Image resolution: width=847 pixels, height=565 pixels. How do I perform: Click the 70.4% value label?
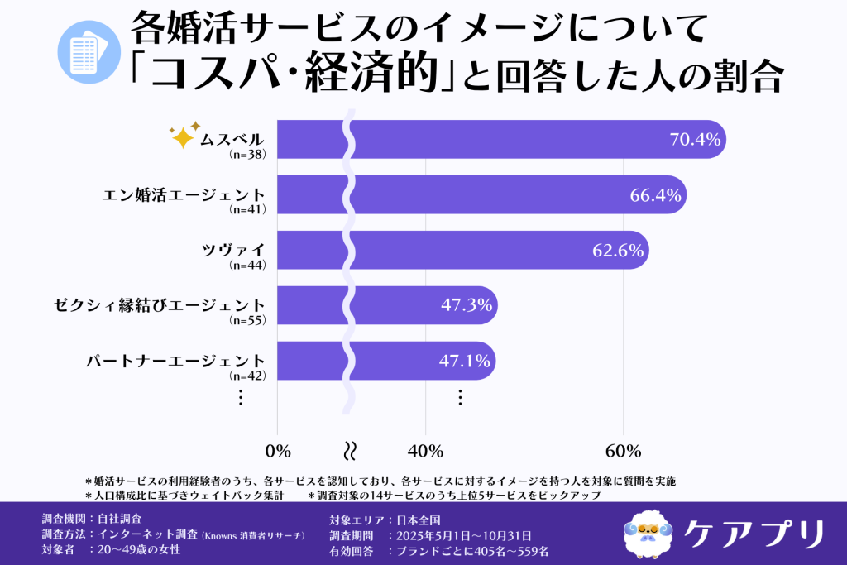point(695,140)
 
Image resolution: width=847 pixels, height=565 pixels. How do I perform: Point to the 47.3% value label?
point(467,305)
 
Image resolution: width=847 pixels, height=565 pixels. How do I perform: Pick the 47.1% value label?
point(466,362)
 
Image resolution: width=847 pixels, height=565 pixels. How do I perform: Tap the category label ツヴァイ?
point(234,251)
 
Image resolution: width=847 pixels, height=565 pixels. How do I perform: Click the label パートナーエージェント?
point(176,362)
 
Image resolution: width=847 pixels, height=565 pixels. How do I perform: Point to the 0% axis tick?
point(278,451)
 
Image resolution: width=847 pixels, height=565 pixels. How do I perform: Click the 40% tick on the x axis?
point(425,451)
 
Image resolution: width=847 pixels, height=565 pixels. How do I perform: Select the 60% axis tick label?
point(623,451)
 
